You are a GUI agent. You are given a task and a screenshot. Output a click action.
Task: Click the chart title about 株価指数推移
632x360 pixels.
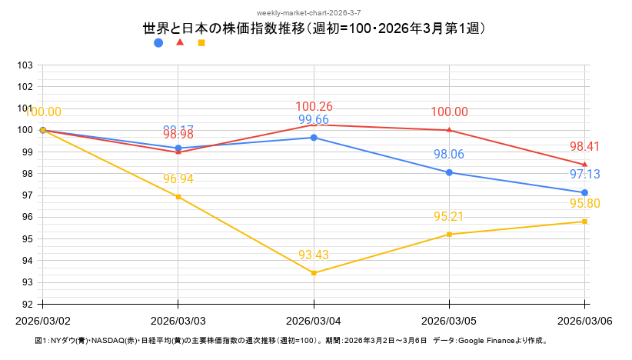[315, 28]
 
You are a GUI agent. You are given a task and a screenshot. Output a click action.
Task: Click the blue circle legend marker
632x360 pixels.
[158, 43]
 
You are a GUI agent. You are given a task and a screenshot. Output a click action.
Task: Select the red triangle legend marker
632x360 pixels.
[180, 42]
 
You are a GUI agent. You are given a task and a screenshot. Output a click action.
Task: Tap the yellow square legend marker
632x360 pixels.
[201, 43]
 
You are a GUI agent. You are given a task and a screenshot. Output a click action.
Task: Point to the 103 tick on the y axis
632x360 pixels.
[25, 65]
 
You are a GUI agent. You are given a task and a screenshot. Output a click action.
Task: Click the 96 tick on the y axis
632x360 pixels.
[25, 218]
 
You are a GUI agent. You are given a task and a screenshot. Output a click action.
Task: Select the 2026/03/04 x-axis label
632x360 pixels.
[314, 319]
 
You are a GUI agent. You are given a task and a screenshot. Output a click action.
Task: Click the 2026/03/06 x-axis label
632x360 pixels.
[584, 319]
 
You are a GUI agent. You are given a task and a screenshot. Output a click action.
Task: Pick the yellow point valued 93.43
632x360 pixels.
[314, 273]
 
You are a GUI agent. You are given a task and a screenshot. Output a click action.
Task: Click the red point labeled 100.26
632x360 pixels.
[314, 125]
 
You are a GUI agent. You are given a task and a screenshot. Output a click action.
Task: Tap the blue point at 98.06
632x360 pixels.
[449, 172]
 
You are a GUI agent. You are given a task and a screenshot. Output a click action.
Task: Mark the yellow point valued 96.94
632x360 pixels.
[178, 197]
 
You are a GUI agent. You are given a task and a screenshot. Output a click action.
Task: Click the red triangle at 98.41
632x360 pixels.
[584, 165]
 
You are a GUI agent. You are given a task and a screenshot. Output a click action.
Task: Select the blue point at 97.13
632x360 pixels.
[584, 192]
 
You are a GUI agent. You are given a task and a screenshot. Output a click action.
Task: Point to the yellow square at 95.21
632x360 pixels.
[449, 235]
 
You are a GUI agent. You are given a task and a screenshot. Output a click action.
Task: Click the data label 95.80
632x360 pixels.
[584, 204]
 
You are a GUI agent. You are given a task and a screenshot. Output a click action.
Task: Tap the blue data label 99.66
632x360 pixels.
[314, 120]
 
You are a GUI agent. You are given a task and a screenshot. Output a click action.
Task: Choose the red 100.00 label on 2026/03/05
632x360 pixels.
[449, 112]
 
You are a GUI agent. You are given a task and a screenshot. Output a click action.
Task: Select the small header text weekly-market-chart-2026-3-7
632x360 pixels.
[315, 13]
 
